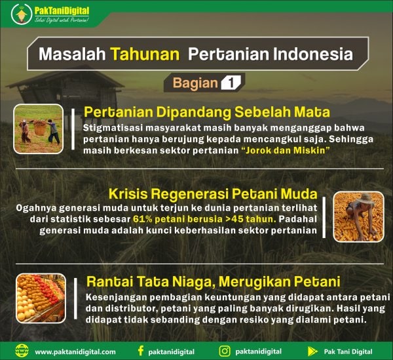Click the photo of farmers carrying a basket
point(38,129)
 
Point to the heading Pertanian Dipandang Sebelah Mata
point(206,112)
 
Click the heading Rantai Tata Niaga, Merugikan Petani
point(213,283)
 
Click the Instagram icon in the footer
point(225,351)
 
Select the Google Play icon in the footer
point(312,352)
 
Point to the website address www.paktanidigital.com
point(75,352)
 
